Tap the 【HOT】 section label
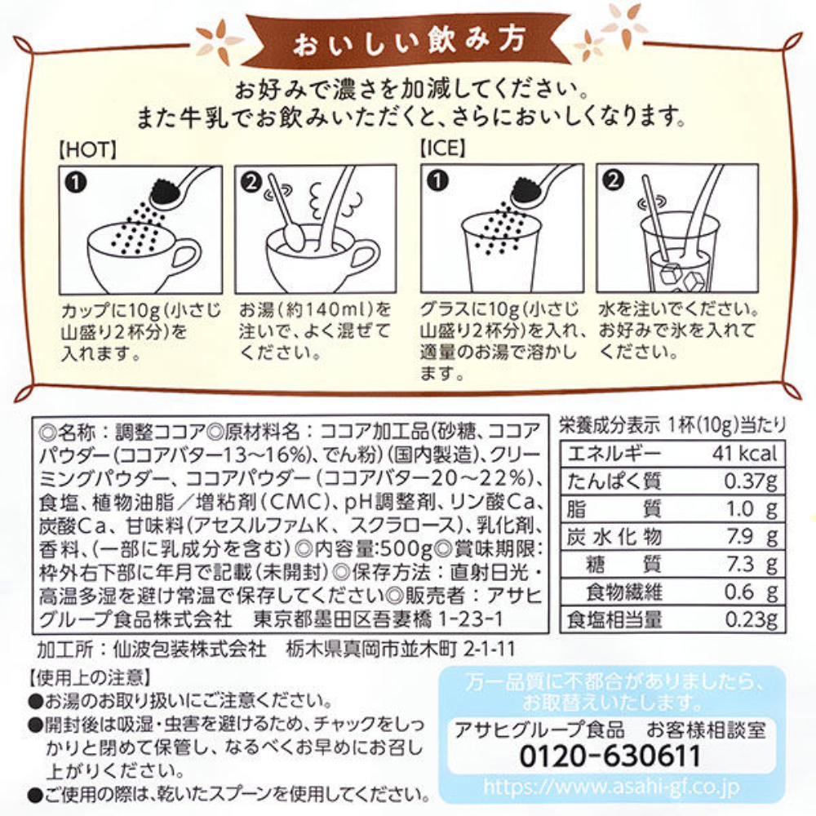pyautogui.click(x=87, y=150)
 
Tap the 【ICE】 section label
pyautogui.click(x=442, y=149)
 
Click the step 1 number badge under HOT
pyautogui.click(x=76, y=183)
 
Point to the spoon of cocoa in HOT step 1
pyautogui.click(x=180, y=188)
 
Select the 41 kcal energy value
pyautogui.click(x=745, y=454)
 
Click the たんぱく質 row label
pyautogui.click(x=614, y=481)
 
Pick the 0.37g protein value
pyautogui.click(x=751, y=481)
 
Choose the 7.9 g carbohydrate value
pyautogui.click(x=752, y=537)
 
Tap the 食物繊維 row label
pyautogui.click(x=624, y=592)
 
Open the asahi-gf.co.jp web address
pyautogui.click(x=612, y=787)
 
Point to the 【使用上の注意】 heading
pyautogui.click(x=90, y=677)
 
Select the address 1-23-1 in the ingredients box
pyautogui.click(x=471, y=619)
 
